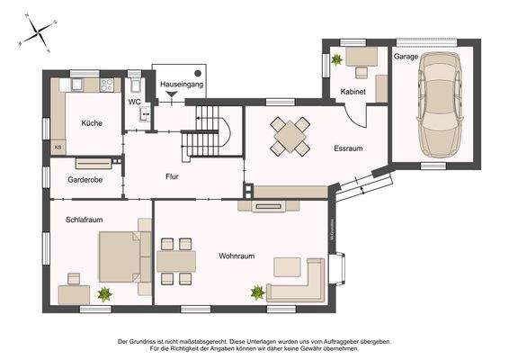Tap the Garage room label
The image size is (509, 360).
point(406,56)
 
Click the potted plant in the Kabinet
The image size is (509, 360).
point(337,60)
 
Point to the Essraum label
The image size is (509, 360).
point(347,148)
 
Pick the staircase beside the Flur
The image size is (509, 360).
point(212,130)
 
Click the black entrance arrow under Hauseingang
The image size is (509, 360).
point(172,93)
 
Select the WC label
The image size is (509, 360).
point(134,102)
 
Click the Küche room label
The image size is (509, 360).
point(92,123)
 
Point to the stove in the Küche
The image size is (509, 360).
point(109,85)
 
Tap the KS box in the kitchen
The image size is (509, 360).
point(58,146)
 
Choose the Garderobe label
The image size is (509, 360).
point(85,180)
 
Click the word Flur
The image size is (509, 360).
point(172,176)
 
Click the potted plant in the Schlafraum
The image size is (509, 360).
point(105,292)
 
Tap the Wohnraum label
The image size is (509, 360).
point(237,256)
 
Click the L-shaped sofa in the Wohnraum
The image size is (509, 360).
point(302,283)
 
